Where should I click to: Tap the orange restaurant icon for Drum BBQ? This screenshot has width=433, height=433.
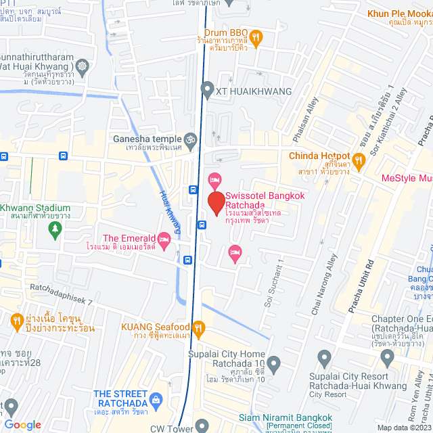click(x=256, y=37)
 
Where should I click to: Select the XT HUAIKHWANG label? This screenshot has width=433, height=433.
click(x=253, y=91)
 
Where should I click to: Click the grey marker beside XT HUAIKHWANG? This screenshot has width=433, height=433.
click(x=206, y=90)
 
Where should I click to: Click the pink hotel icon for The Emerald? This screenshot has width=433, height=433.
click(x=163, y=221)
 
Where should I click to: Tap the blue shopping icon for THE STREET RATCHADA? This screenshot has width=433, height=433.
click(x=157, y=401)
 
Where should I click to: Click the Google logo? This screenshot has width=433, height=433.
click(x=22, y=424)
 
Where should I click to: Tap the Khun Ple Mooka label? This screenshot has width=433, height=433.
click(x=400, y=14)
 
